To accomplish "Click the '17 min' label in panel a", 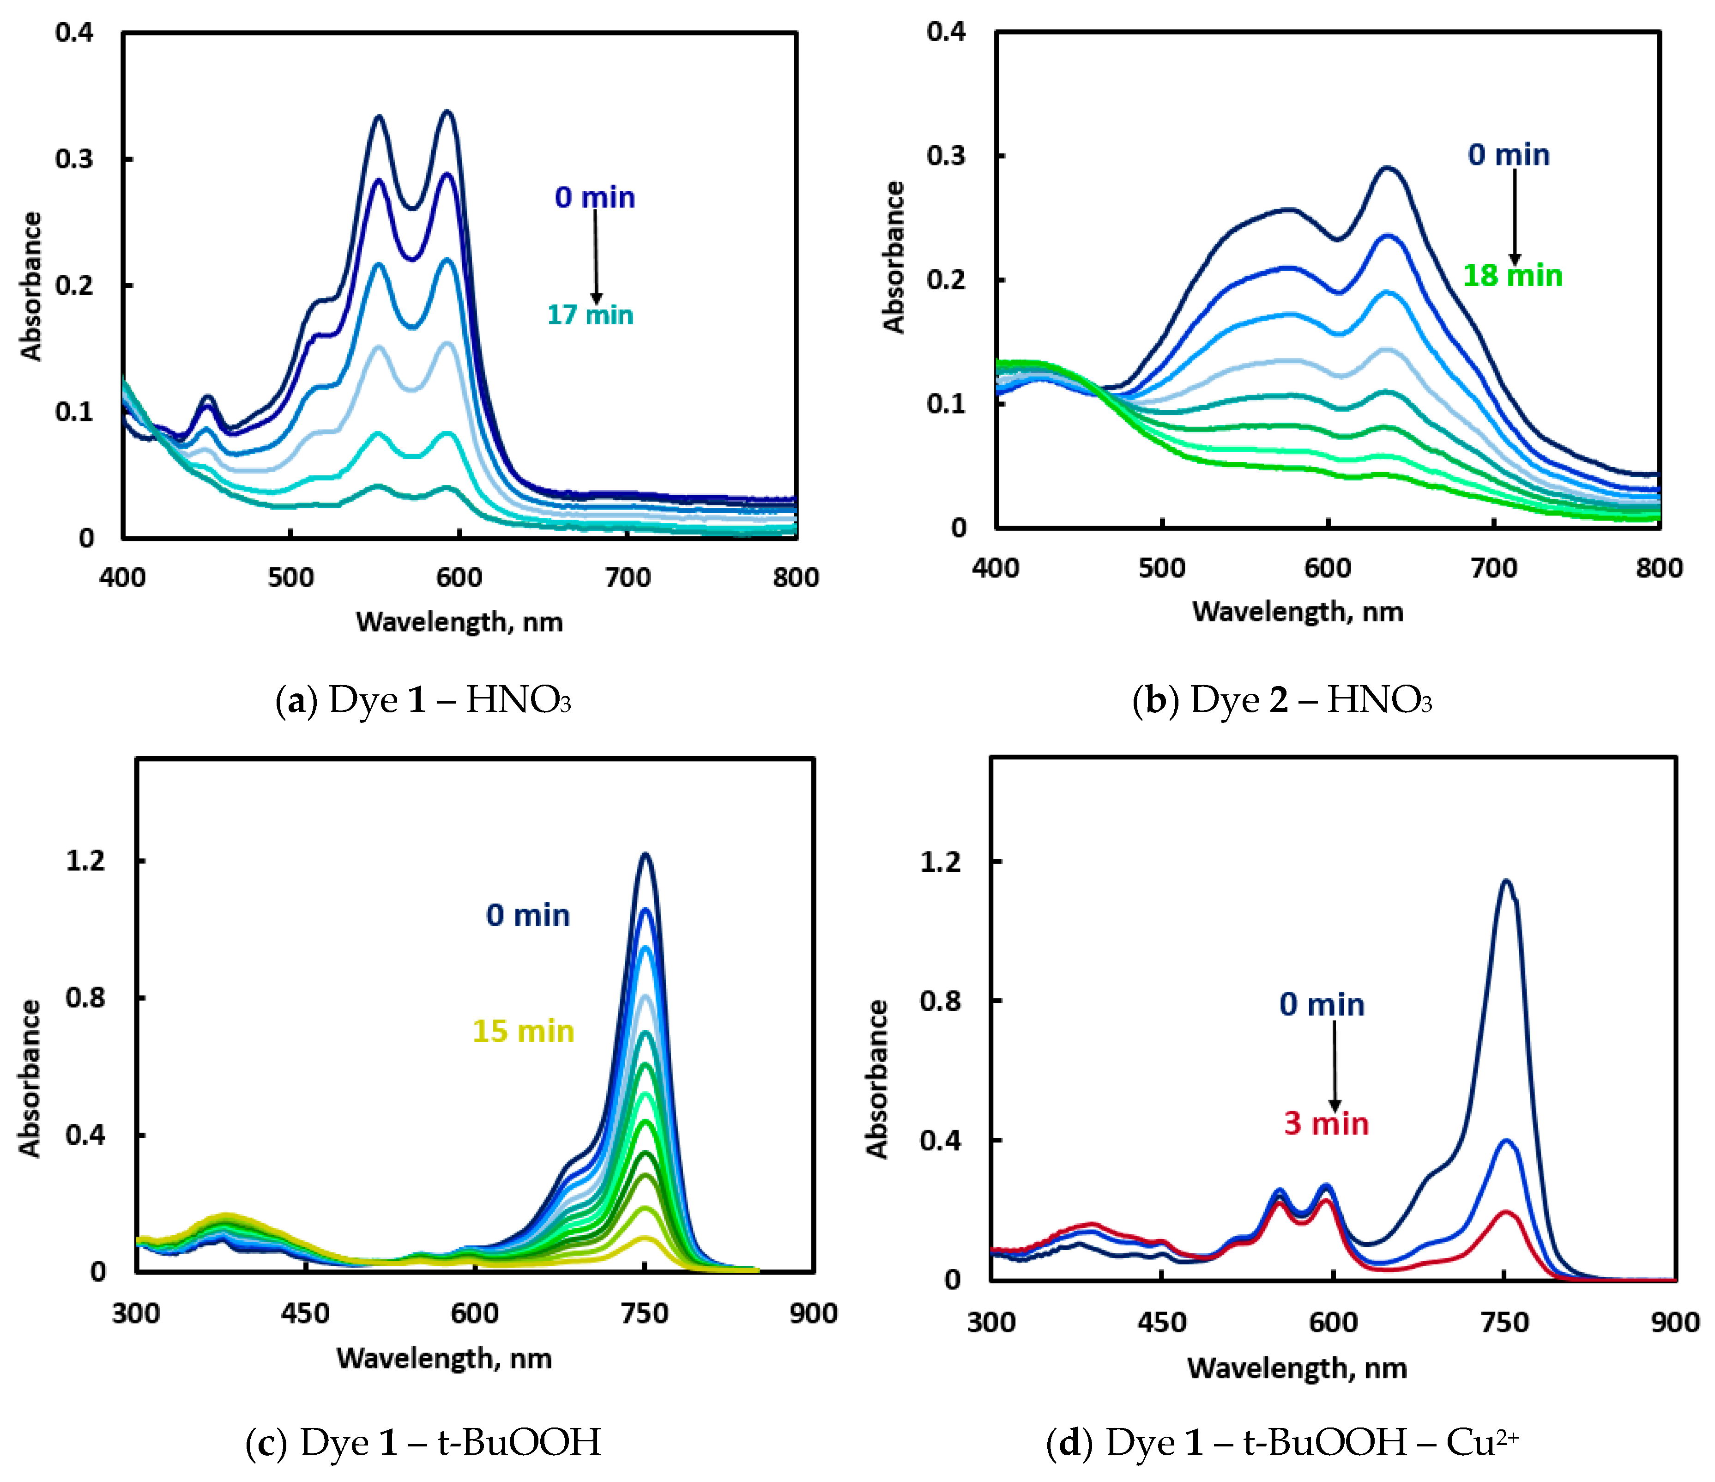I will tap(590, 316).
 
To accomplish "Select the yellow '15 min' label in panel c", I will tap(523, 1032).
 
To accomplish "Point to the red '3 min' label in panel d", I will tap(1326, 1124).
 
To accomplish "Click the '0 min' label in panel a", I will tap(595, 198).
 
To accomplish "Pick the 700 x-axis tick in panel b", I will tap(1493, 568).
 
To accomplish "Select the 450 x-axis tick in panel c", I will tap(305, 1313).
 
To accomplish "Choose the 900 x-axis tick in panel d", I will tap(1674, 1322).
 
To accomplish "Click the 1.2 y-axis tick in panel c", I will tap(85, 861).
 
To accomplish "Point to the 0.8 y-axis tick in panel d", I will tap(940, 1000).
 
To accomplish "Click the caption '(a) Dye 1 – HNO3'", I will tap(423, 700).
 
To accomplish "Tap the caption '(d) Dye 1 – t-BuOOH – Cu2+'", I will tap(1282, 1443).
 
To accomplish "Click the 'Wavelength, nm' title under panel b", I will tap(1297, 612).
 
